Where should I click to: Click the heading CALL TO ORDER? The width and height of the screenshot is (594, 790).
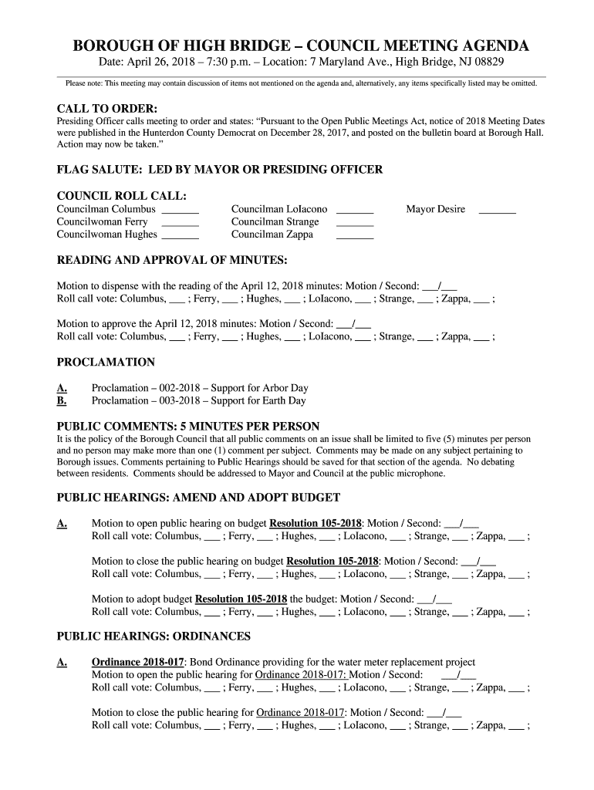point(107,108)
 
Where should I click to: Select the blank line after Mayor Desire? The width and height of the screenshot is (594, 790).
point(497,210)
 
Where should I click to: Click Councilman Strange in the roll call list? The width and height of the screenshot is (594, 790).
point(275,222)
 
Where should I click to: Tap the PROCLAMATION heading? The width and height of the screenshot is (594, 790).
point(106,363)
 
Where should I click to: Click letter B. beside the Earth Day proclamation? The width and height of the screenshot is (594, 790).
point(62,400)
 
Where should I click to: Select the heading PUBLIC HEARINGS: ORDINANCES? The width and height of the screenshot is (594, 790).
point(154,636)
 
